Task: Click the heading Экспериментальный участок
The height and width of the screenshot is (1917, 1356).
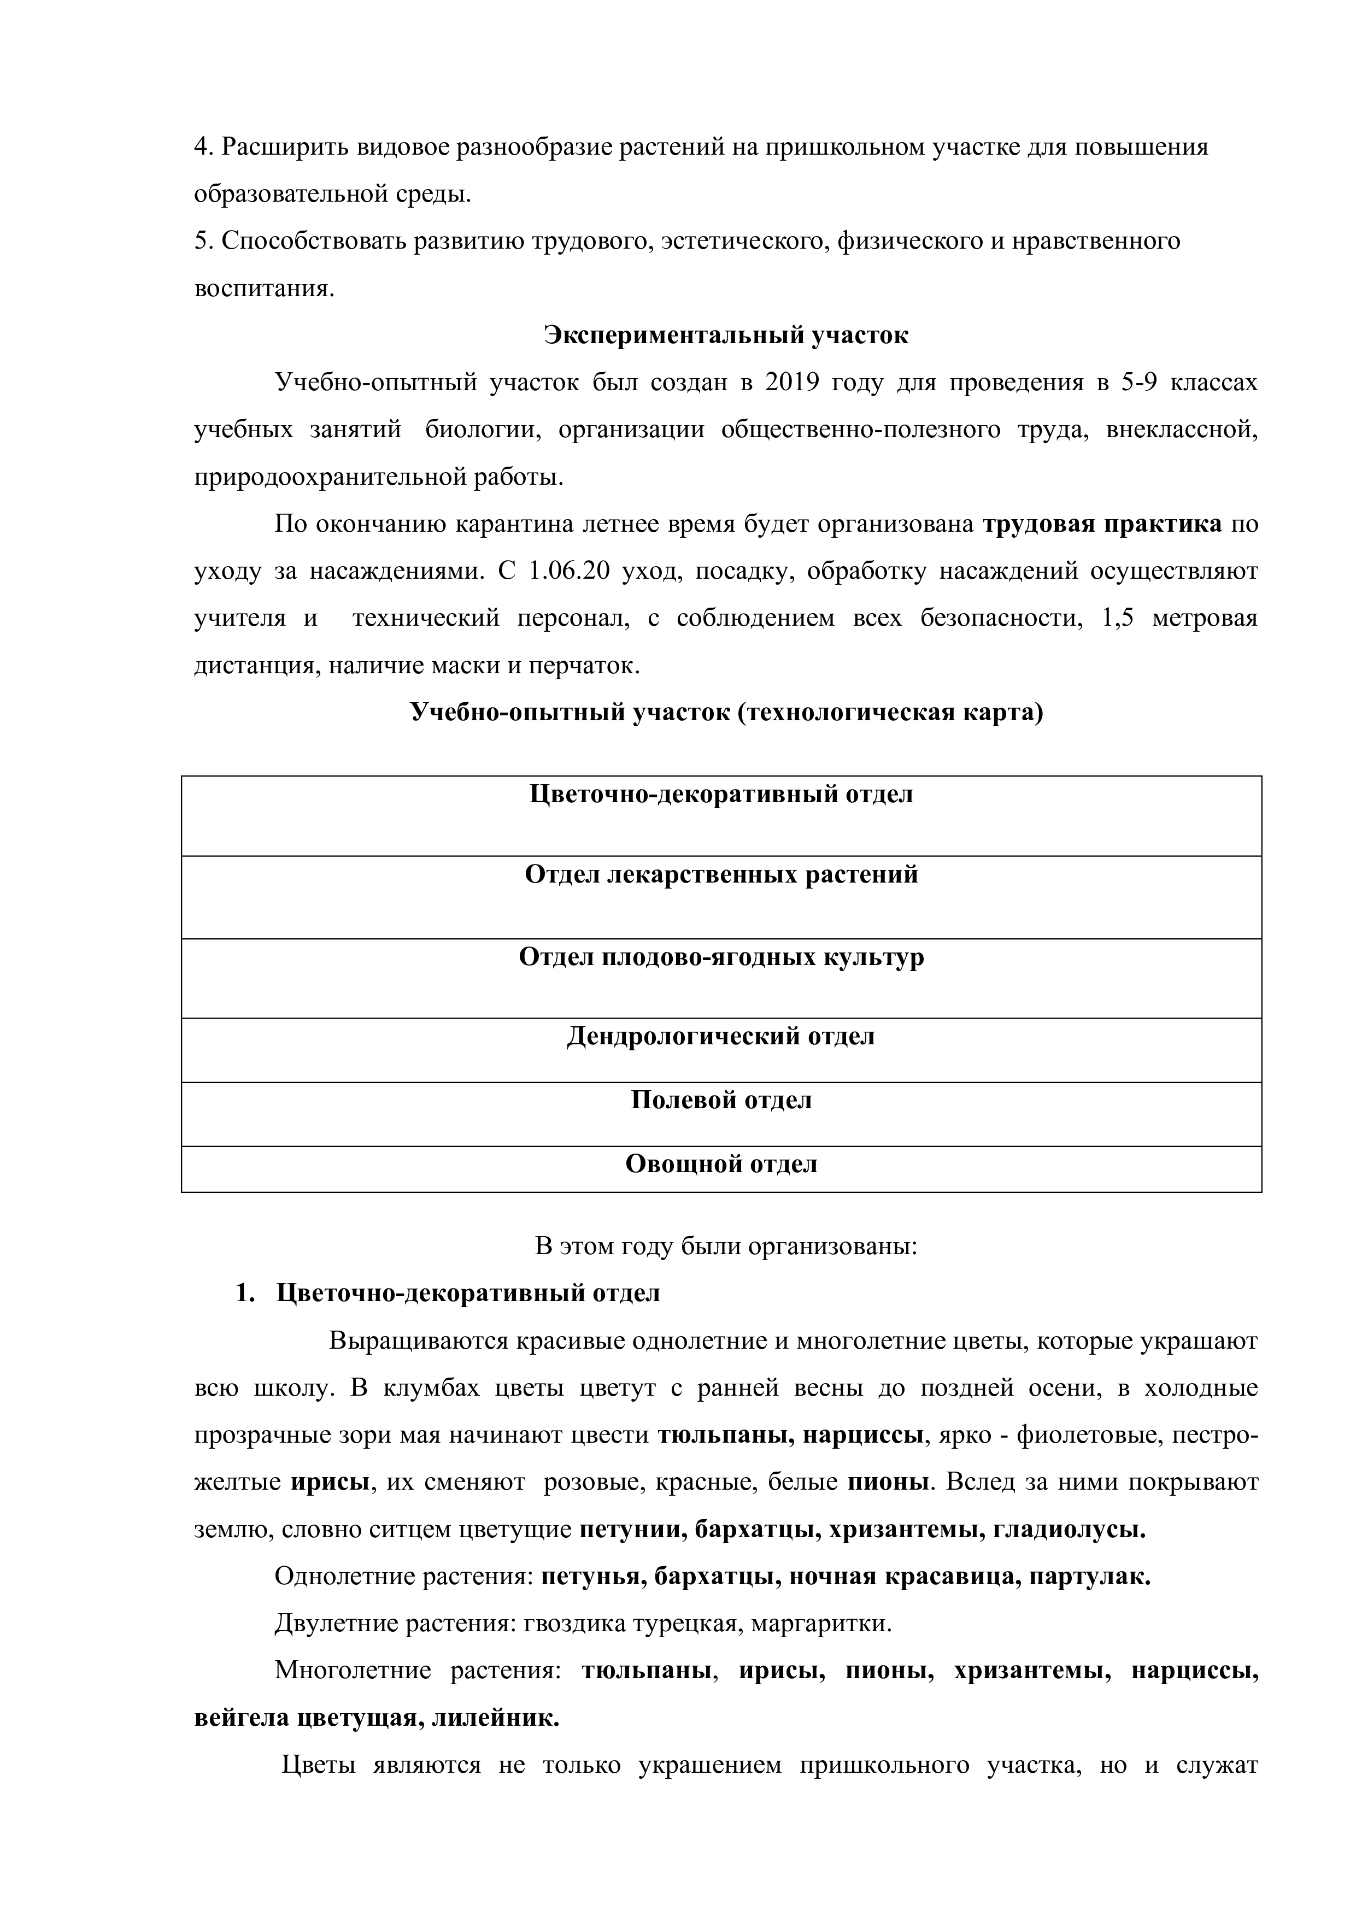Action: [726, 335]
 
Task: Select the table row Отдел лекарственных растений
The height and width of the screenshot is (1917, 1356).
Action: [721, 874]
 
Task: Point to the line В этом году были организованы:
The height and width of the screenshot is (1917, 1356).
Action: [726, 1246]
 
